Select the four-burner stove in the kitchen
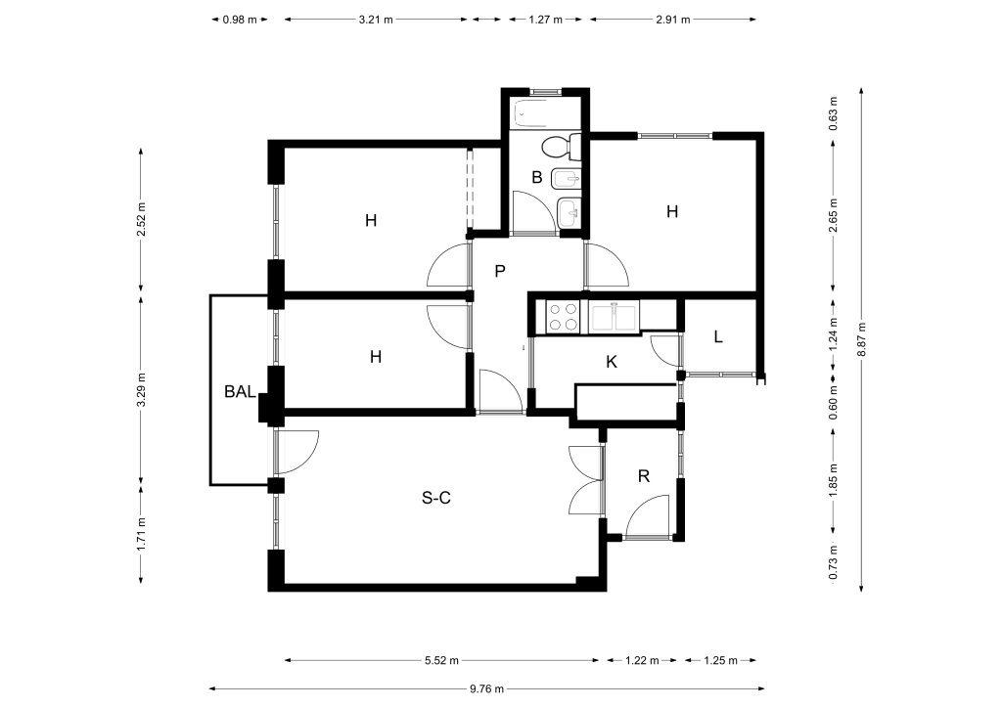pyautogui.click(x=563, y=316)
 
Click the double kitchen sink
pyautogui.click(x=614, y=317)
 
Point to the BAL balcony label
pyautogui.click(x=241, y=391)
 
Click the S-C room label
pyautogui.click(x=436, y=498)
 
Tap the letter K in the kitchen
pyautogui.click(x=612, y=362)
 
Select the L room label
pyautogui.click(x=718, y=336)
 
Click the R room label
pyautogui.click(x=644, y=475)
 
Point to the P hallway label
pyautogui.click(x=500, y=271)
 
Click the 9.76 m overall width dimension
pyautogui.click(x=487, y=688)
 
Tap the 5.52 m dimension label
pyautogui.click(x=441, y=660)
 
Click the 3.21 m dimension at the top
pyautogui.click(x=376, y=20)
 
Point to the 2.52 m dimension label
pyautogui.click(x=141, y=219)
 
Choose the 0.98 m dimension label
pyautogui.click(x=240, y=20)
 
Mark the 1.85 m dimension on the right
pyautogui.click(x=834, y=481)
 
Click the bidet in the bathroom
pyautogui.click(x=565, y=179)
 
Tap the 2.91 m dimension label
pyautogui.click(x=673, y=20)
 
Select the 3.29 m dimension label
pyautogui.click(x=141, y=389)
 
